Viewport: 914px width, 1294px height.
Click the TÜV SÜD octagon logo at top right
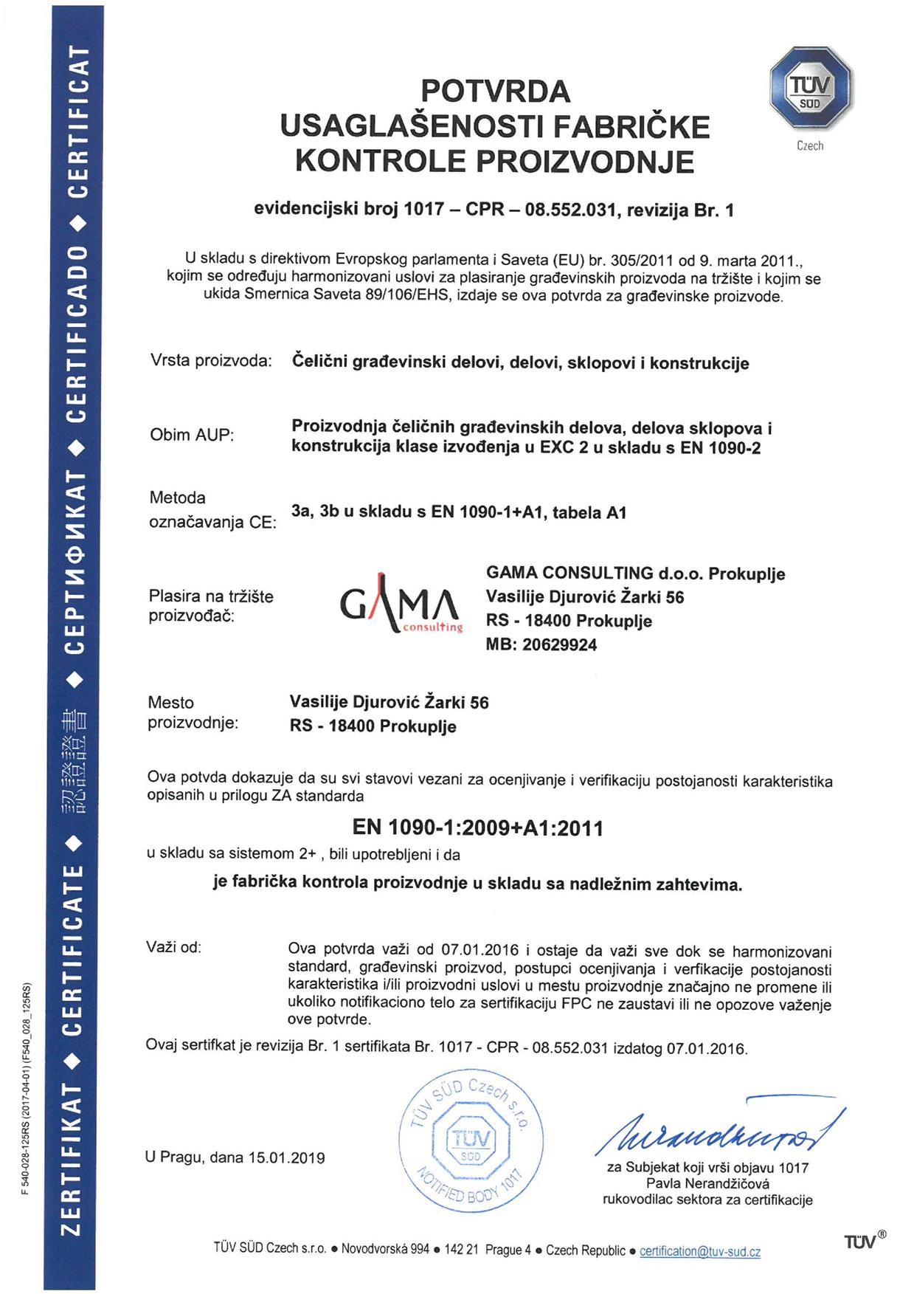(811, 88)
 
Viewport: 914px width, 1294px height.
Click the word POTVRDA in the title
(495, 92)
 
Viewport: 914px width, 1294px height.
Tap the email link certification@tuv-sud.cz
(699, 1251)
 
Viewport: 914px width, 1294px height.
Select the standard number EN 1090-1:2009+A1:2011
(477, 827)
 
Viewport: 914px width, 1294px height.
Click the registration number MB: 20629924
(541, 644)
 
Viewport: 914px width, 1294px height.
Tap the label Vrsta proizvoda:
(211, 361)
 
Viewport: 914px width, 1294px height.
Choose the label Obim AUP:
(192, 435)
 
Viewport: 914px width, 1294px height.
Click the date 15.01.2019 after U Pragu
(286, 1157)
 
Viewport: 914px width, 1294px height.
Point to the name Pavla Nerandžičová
(707, 1183)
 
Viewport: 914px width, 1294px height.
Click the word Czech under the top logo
(809, 146)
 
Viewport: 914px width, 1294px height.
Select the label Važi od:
(173, 947)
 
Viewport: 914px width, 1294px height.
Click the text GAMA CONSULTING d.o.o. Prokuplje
(635, 574)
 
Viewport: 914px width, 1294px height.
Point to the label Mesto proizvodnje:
(193, 712)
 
